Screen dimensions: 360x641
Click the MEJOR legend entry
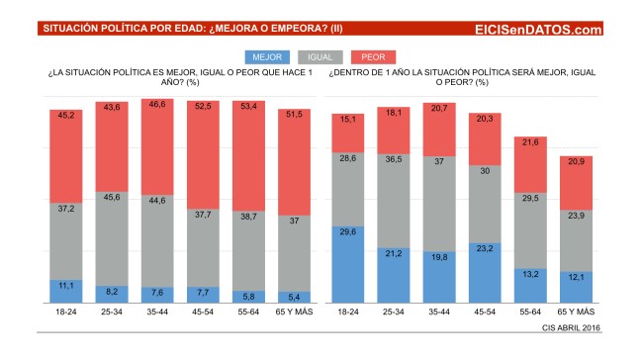pyautogui.click(x=264, y=58)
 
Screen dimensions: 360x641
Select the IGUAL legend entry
pyautogui.click(x=320, y=58)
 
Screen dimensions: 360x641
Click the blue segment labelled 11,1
pyautogui.click(x=64, y=291)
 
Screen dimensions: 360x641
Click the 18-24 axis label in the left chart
pyautogui.click(x=64, y=313)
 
